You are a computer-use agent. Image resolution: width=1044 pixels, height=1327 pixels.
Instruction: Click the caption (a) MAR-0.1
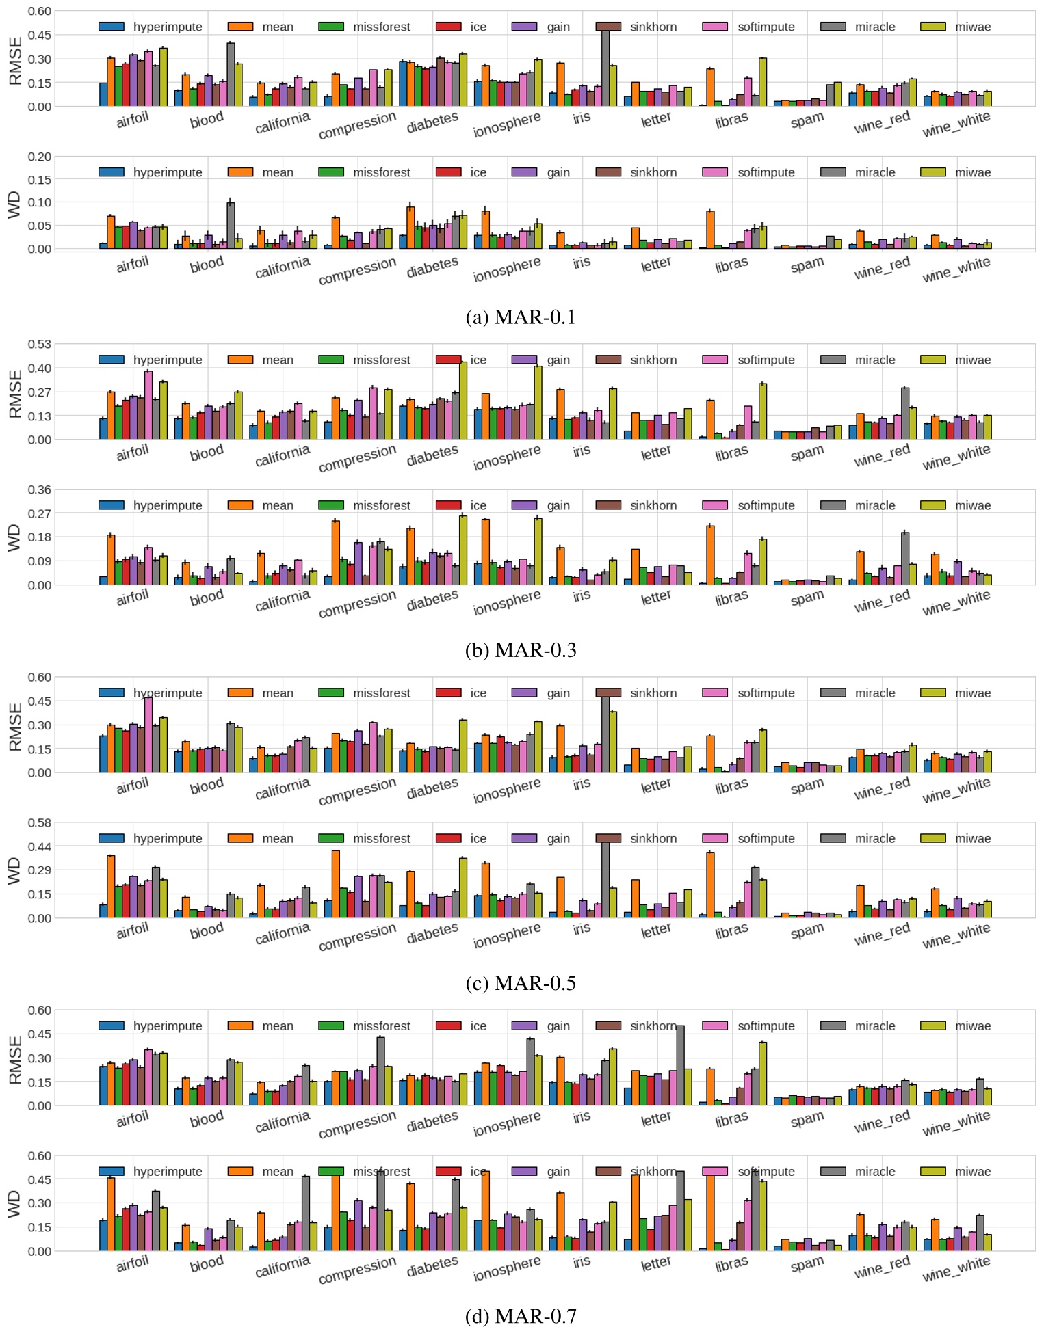521,317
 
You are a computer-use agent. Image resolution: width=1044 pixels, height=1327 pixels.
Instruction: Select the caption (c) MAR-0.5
521,983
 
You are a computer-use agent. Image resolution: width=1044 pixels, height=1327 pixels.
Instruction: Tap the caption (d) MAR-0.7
521,1316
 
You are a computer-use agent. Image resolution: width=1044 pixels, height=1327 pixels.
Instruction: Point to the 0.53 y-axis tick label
39,344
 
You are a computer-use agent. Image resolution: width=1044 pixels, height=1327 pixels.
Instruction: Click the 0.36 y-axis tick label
39,490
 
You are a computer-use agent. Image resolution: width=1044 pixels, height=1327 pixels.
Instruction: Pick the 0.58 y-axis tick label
39,822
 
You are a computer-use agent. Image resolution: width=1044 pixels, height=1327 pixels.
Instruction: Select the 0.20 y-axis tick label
39,157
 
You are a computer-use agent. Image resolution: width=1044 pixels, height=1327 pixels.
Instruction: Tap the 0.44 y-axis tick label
39,846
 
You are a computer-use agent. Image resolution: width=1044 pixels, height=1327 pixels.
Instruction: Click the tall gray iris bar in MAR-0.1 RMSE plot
605,68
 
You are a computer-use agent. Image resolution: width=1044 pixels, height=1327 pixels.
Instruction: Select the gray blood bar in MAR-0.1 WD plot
231,226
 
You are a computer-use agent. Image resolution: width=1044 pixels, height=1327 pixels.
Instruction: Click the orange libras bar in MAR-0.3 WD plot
711,555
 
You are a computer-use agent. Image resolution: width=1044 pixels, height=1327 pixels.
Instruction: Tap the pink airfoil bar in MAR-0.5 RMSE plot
148,736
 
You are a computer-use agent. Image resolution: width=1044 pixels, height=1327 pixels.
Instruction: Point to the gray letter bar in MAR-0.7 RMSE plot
680,1066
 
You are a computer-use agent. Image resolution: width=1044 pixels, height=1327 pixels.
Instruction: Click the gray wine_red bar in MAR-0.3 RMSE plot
905,414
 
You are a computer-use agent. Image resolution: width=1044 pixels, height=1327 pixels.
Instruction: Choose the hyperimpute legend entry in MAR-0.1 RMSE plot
151,27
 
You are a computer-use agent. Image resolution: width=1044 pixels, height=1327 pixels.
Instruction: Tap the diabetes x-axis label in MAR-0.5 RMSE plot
432,789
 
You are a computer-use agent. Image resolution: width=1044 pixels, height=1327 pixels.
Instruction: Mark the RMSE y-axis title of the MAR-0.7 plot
15,1060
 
